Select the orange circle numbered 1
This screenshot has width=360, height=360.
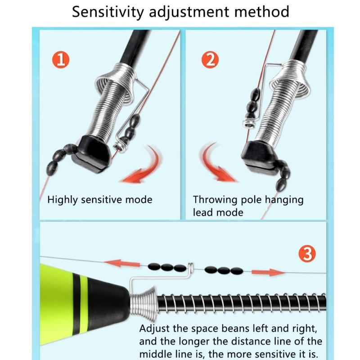(61, 60)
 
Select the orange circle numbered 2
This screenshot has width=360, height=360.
(209, 60)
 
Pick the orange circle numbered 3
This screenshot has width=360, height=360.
(307, 254)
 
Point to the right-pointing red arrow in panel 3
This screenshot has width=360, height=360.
(268, 272)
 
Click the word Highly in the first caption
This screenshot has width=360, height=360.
(63, 199)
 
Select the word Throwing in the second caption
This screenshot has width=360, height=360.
(214, 199)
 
